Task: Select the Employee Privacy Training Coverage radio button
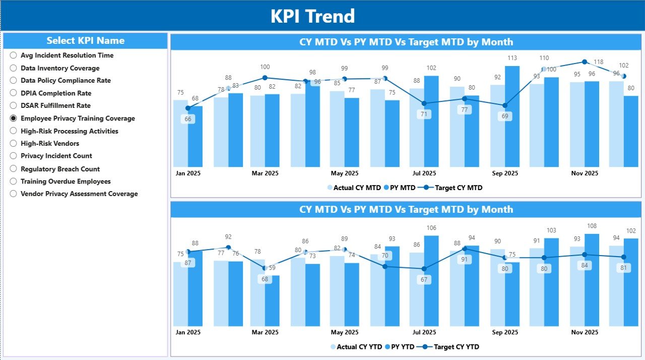[x=14, y=118]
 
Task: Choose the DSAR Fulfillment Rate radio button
[x=14, y=106]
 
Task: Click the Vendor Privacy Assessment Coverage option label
[x=79, y=194]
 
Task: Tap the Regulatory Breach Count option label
[x=60, y=169]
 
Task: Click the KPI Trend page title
[x=312, y=16]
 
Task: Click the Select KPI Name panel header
[x=85, y=41]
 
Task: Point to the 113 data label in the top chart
[x=512, y=58]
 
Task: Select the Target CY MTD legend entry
[x=458, y=188]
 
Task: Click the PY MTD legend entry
[x=402, y=188]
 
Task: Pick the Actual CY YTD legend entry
[x=358, y=347]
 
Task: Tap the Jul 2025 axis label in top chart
[x=424, y=173]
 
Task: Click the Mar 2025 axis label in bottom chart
[x=265, y=332]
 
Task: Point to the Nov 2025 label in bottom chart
[x=584, y=332]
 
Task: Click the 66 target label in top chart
[x=188, y=119]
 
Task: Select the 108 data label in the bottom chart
[x=592, y=226]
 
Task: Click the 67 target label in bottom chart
[x=424, y=280]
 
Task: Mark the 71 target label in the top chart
[x=424, y=114]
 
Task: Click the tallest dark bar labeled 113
[x=512, y=116]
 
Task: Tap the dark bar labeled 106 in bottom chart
[x=431, y=280]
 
